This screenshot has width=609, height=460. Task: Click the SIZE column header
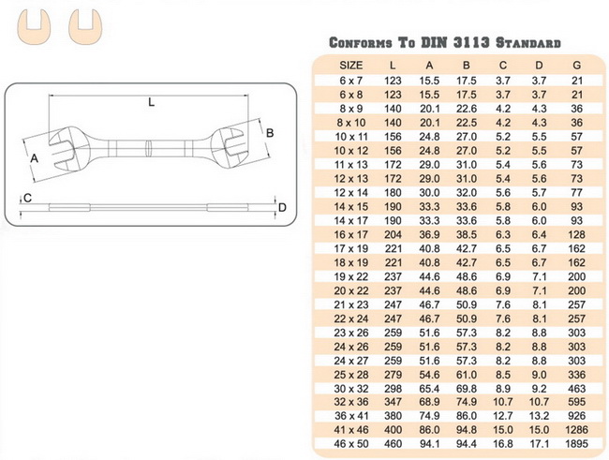click(350, 66)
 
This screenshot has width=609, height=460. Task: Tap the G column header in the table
click(575, 66)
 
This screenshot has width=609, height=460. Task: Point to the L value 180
click(394, 192)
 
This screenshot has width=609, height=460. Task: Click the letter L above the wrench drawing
click(151, 103)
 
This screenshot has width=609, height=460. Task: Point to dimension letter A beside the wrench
click(35, 158)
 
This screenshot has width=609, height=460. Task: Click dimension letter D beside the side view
click(281, 207)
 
